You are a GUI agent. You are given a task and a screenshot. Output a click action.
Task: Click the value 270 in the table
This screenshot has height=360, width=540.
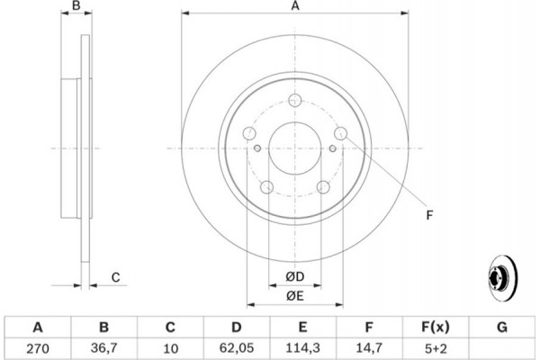point(38,348)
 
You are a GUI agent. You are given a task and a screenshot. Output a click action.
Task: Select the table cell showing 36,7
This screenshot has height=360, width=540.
point(103,348)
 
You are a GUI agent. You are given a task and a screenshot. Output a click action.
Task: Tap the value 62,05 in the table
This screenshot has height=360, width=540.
point(236,348)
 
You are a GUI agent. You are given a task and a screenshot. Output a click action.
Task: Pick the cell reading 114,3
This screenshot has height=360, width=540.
point(302,348)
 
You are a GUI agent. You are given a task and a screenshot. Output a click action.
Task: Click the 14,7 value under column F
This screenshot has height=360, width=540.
point(369,348)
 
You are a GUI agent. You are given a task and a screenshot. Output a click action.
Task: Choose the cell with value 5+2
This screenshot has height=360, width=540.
point(436,348)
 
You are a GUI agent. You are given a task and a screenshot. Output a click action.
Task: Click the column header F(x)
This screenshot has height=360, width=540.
point(436,327)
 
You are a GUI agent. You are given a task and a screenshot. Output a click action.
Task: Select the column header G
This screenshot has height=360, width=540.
point(502,327)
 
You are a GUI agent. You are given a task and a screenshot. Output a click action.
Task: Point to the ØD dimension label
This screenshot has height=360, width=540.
point(295,276)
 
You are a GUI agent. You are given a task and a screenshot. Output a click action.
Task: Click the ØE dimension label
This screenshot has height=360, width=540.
point(295,295)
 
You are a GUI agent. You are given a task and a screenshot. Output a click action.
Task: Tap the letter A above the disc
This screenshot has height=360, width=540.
point(295,6)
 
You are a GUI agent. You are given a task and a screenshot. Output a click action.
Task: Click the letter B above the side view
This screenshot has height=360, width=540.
point(76,5)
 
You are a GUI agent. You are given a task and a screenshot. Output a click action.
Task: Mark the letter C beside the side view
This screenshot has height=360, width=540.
point(116,277)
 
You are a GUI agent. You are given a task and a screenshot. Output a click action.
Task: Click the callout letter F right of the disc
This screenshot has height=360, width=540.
point(429,215)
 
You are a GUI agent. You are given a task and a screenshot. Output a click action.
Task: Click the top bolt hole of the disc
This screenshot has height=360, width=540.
point(295,100)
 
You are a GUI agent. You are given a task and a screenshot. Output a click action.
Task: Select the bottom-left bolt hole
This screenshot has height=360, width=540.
point(267,187)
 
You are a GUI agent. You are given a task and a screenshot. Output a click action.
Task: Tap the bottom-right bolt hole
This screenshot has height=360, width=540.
point(323,187)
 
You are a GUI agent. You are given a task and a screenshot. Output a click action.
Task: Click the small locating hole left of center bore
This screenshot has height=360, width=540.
point(257,148)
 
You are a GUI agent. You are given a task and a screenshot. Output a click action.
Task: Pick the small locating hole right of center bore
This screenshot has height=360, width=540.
point(333,148)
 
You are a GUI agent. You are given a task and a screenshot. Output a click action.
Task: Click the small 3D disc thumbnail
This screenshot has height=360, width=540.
point(503,278)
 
